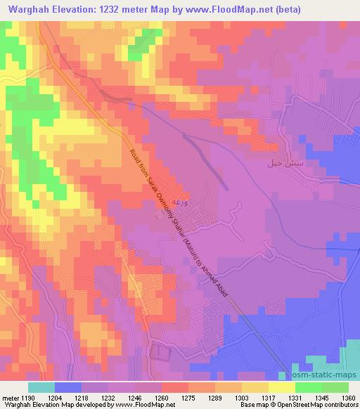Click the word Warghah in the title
(x=26, y=10)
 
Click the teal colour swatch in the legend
(x=41, y=387)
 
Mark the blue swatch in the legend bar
(x=67, y=387)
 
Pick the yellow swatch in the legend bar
(x=282, y=387)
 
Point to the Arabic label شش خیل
(x=276, y=163)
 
